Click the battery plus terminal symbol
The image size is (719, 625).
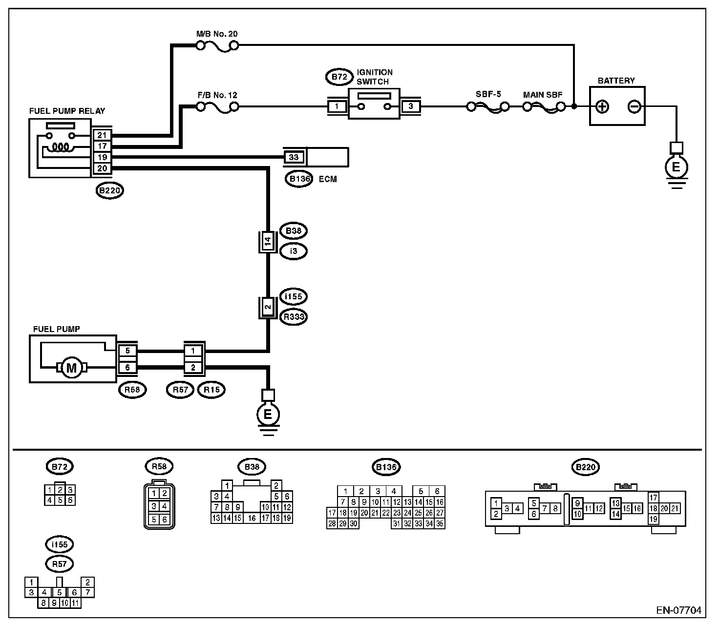pyautogui.click(x=603, y=106)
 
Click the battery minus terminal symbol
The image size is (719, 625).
pyautogui.click(x=634, y=106)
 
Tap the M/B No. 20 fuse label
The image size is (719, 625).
pyautogui.click(x=217, y=34)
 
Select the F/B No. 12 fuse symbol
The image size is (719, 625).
pyautogui.click(x=217, y=107)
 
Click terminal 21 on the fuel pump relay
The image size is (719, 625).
pyautogui.click(x=103, y=135)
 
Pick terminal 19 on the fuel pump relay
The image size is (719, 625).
pyautogui.click(x=103, y=157)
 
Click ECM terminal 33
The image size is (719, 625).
pyautogui.click(x=294, y=157)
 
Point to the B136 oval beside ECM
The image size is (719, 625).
pyautogui.click(x=299, y=179)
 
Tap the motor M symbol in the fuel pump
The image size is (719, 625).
pyautogui.click(x=71, y=367)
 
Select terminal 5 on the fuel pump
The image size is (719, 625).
pyautogui.click(x=127, y=351)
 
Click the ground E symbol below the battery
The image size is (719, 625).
pyautogui.click(x=676, y=167)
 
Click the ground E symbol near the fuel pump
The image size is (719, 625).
pyautogui.click(x=268, y=415)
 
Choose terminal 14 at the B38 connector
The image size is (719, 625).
pyautogui.click(x=267, y=241)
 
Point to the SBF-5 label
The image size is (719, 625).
pyautogui.click(x=488, y=94)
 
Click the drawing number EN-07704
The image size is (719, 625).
pyautogui.click(x=678, y=610)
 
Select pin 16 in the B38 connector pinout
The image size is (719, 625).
pyautogui.click(x=252, y=518)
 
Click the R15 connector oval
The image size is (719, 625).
pyautogui.click(x=211, y=390)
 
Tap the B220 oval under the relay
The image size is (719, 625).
pyautogui.click(x=109, y=190)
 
